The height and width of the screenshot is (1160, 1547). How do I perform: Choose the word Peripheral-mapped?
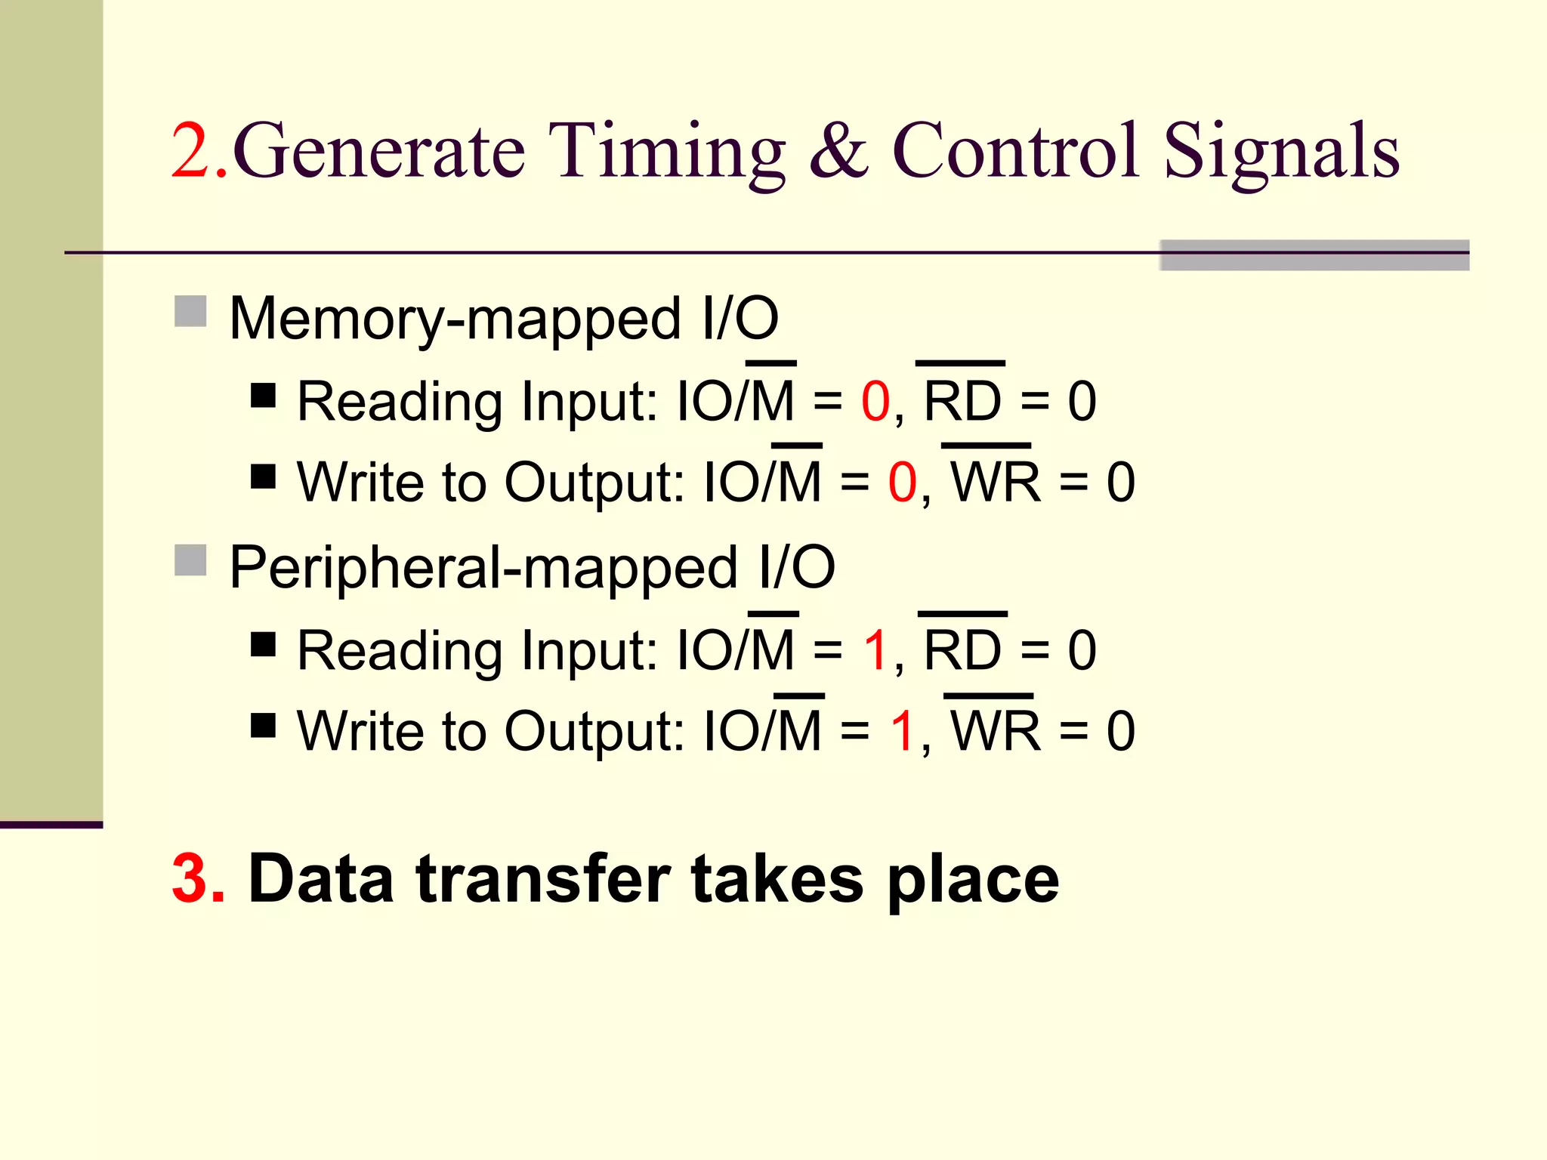[483, 569]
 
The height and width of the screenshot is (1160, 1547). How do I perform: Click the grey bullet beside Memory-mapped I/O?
[190, 311]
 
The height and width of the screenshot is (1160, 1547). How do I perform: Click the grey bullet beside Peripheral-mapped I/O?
[190, 560]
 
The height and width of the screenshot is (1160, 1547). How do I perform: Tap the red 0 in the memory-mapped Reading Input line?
[875, 402]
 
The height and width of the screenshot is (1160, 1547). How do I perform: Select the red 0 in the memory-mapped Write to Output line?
[903, 483]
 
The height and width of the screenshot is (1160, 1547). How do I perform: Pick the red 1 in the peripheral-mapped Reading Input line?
[876, 650]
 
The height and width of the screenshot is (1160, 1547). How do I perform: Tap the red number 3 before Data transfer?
[198, 878]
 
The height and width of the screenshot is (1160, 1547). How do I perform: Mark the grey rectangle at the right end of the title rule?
[1314, 255]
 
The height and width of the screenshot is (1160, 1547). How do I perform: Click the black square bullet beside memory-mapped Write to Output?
[263, 477]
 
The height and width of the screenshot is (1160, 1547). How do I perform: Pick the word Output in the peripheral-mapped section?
[594, 733]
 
